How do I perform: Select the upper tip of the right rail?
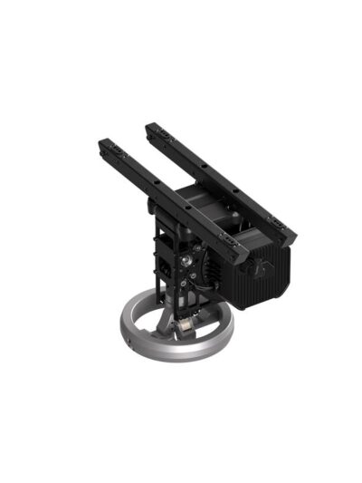tap(150, 126)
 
